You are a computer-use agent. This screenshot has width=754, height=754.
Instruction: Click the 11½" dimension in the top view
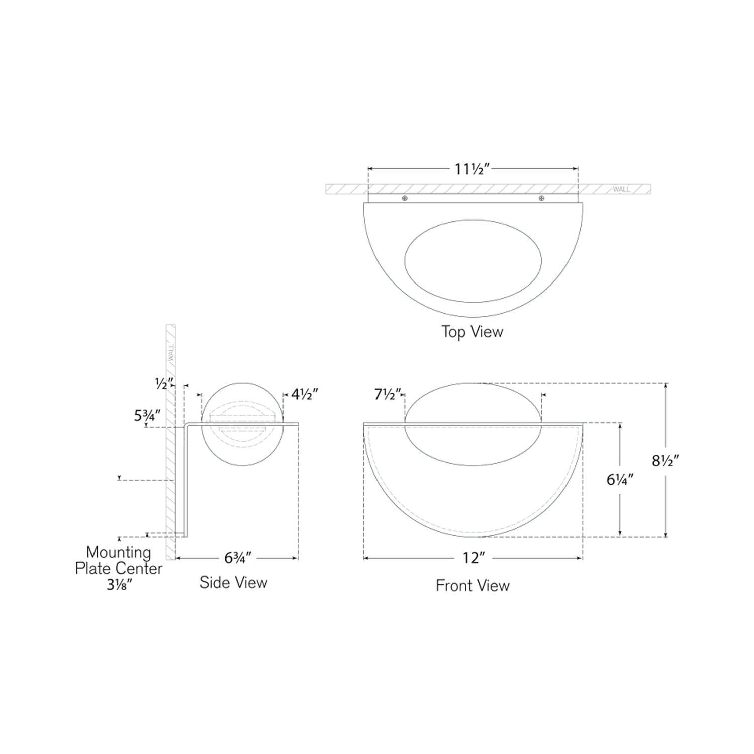[472, 169]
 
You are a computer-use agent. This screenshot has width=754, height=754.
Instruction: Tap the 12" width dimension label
[473, 558]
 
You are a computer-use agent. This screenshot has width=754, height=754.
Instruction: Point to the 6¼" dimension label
[619, 480]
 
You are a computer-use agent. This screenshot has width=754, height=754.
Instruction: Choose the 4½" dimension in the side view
[305, 395]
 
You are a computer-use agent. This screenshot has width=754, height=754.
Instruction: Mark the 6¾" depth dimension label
[238, 558]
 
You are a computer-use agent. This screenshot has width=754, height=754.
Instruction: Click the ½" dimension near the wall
[164, 384]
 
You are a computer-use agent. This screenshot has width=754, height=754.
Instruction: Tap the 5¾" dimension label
[147, 416]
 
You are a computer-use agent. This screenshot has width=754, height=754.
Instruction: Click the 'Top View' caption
[472, 332]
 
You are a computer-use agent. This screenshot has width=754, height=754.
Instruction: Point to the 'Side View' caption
[233, 583]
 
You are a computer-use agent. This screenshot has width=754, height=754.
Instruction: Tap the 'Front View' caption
[473, 586]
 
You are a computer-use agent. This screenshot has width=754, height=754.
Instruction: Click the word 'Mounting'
[119, 552]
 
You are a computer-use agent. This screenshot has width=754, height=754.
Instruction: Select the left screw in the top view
[405, 198]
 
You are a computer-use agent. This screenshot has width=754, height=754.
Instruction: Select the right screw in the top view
[541, 198]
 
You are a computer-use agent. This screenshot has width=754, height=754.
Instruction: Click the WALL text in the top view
[621, 190]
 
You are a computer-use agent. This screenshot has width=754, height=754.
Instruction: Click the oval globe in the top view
[473, 261]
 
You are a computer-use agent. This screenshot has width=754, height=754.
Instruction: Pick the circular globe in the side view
[242, 424]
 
